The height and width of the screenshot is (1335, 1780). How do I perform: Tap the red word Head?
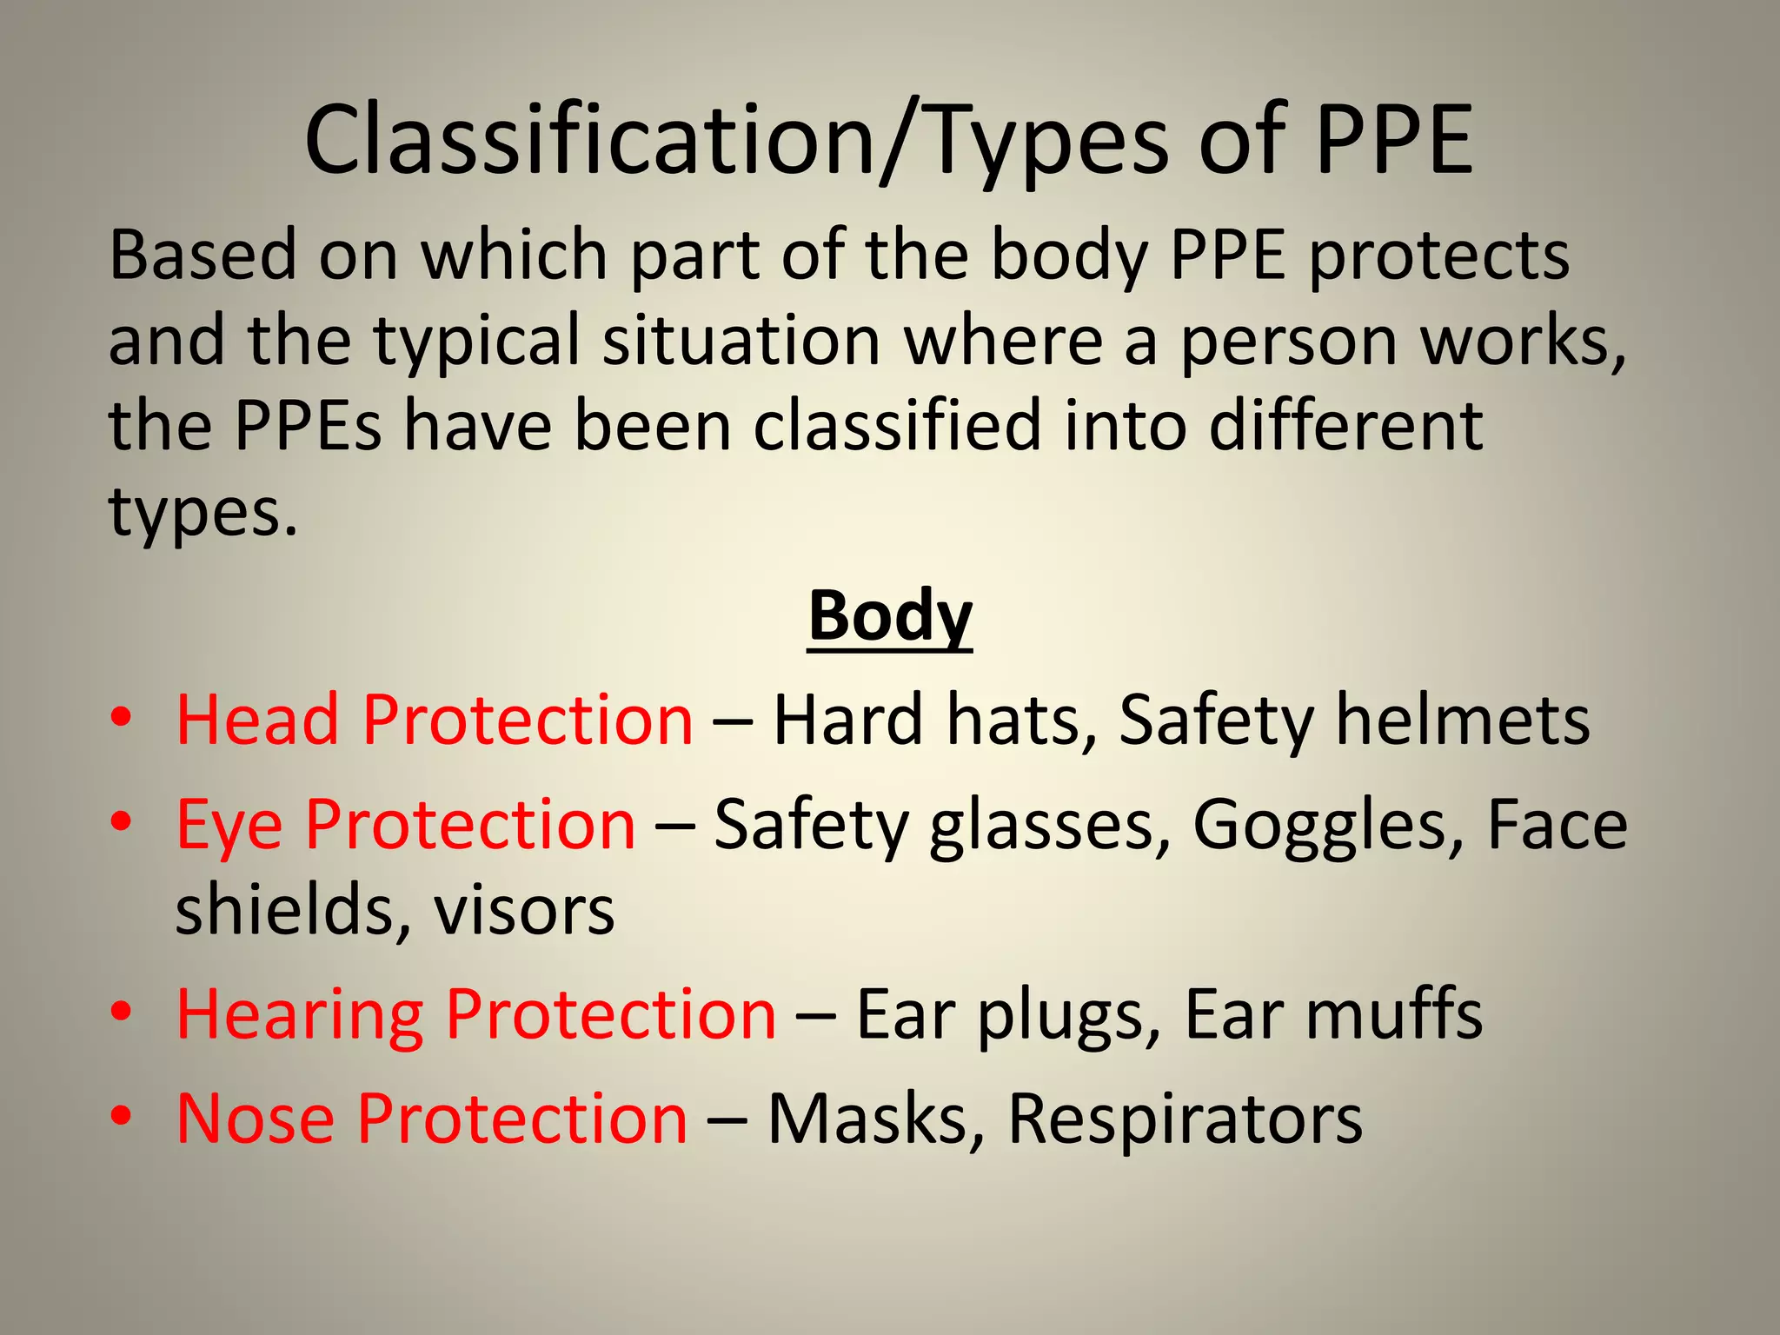click(x=257, y=721)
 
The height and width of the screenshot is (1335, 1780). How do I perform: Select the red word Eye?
click(x=229, y=825)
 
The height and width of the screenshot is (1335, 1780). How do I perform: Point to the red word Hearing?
click(x=300, y=1015)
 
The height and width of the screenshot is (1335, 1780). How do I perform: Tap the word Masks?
click(x=875, y=1119)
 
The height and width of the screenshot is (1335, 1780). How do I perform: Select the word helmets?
click(x=1462, y=721)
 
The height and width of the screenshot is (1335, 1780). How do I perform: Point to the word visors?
click(x=524, y=911)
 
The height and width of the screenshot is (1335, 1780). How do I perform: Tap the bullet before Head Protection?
click(x=122, y=719)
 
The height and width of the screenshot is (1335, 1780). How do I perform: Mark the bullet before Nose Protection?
click(x=122, y=1116)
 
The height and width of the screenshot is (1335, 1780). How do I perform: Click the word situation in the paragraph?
click(x=741, y=341)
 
